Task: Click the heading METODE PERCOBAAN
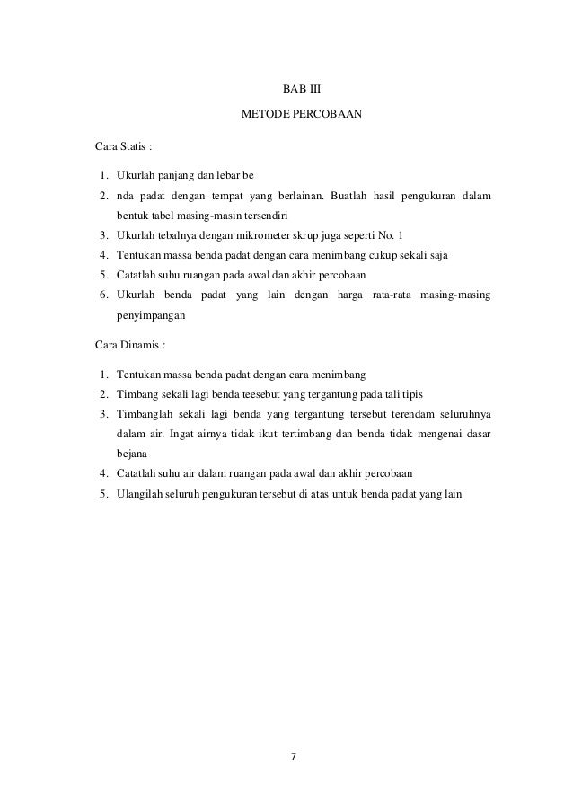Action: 288,117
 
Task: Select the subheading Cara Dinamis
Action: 130,343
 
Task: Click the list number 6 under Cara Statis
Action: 104,295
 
